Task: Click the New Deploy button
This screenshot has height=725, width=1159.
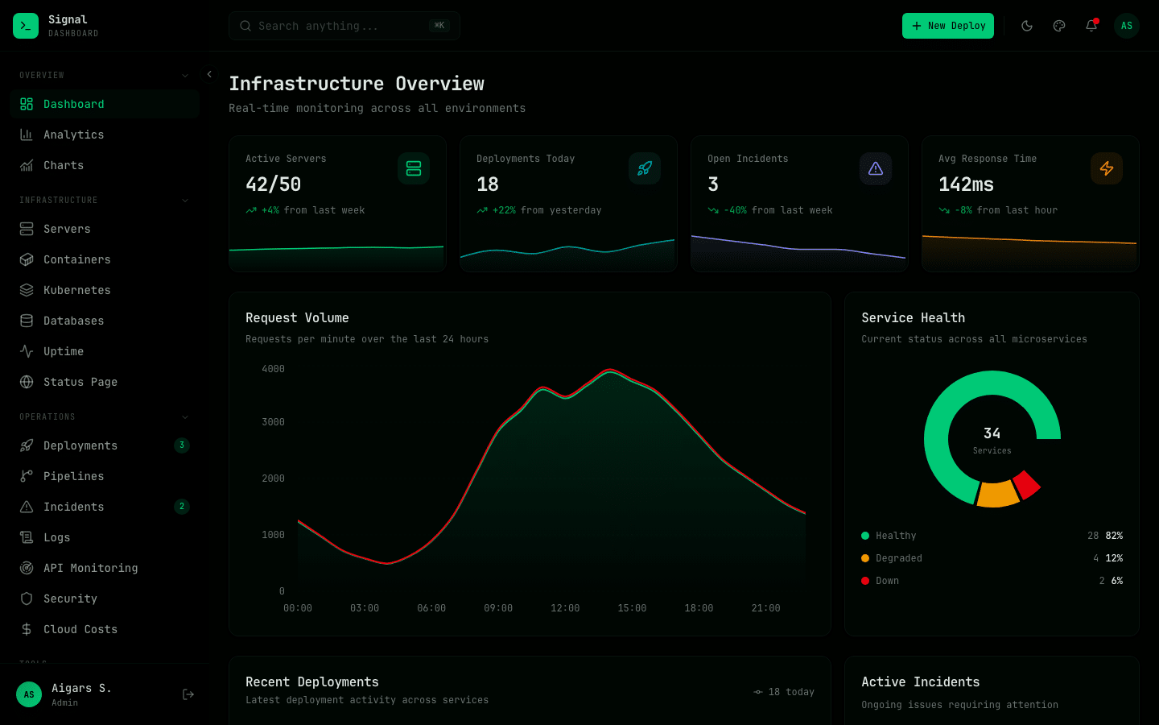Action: [x=947, y=26]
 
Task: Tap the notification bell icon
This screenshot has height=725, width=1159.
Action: [x=1091, y=26]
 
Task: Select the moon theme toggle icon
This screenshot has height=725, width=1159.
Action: [x=1027, y=26]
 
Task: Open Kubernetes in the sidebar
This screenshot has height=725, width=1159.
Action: [x=76, y=290]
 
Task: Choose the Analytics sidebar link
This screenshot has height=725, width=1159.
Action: [x=73, y=135]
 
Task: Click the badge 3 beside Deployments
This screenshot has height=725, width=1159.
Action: [x=182, y=445]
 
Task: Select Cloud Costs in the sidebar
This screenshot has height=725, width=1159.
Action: [x=80, y=629]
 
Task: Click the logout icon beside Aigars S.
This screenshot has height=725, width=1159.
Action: [x=188, y=694]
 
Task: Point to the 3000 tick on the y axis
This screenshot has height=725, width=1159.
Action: [x=273, y=422]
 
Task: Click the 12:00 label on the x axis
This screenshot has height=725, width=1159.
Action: [x=565, y=608]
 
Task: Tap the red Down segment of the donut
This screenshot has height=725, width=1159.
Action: [x=1026, y=484]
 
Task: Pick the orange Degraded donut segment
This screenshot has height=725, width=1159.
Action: [x=997, y=494]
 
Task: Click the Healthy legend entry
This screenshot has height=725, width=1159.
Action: [x=895, y=536]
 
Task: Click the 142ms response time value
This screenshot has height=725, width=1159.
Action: [x=966, y=184]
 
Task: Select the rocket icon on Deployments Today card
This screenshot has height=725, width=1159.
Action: [x=645, y=168]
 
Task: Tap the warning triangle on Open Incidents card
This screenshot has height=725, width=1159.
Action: [x=876, y=168]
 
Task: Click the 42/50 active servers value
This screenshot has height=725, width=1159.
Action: [x=273, y=184]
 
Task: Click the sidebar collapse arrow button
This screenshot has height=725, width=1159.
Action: [x=209, y=74]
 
